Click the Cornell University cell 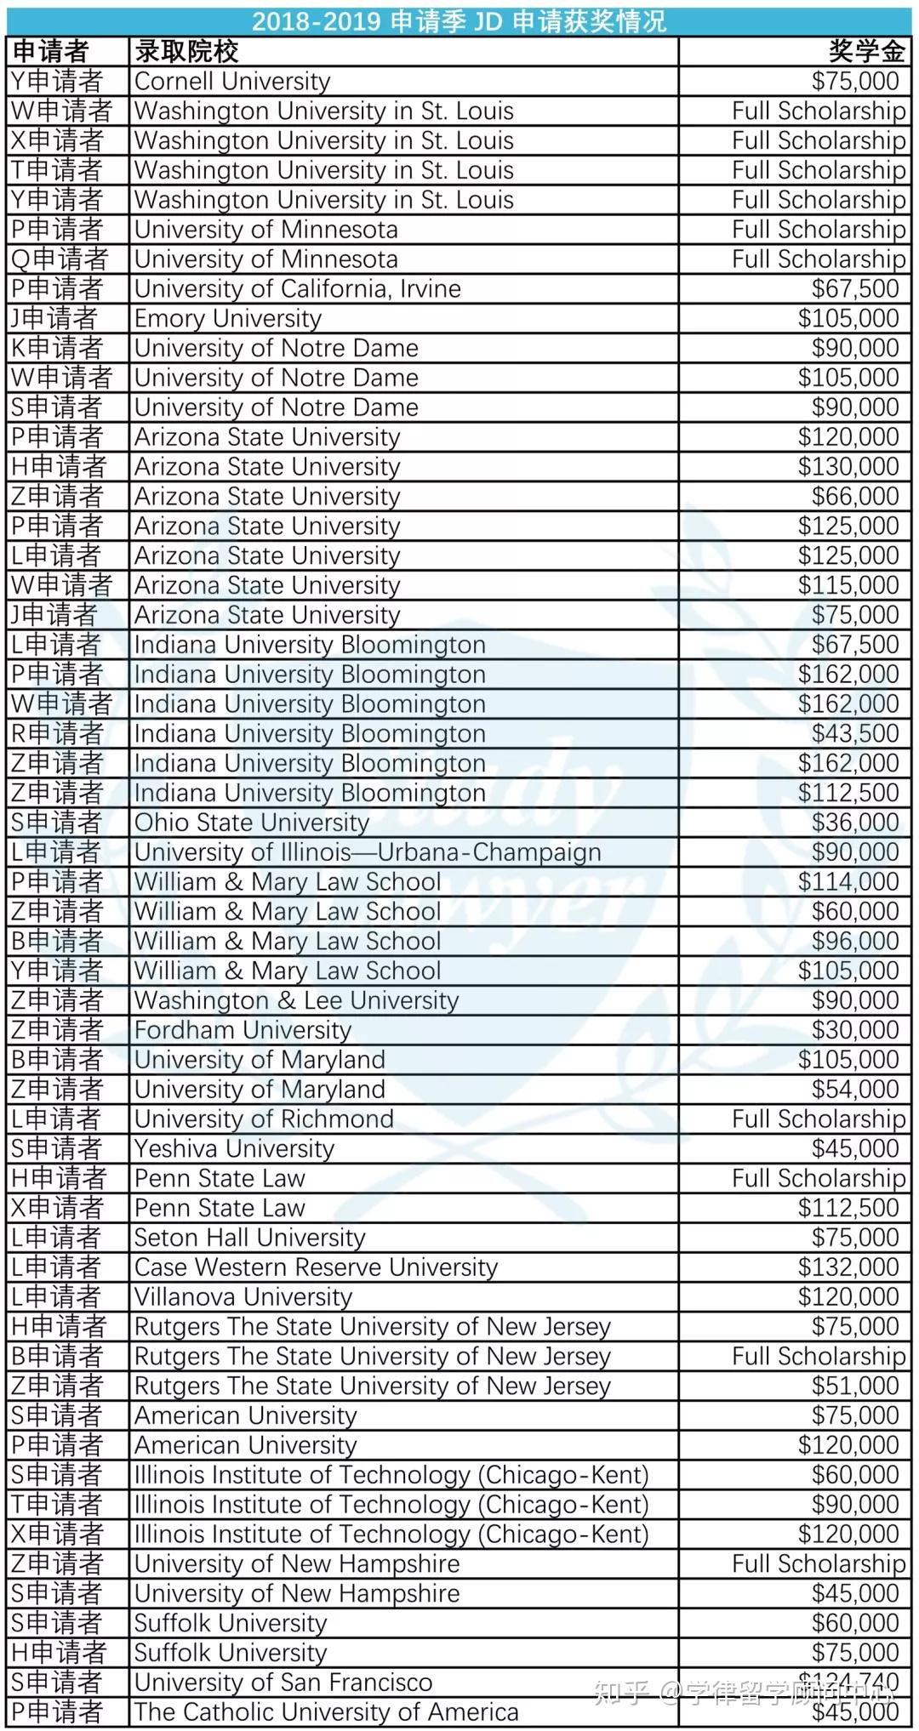(x=232, y=82)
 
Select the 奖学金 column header (x=866, y=52)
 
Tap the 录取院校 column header (x=186, y=52)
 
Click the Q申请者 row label (x=60, y=259)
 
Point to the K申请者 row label (x=57, y=348)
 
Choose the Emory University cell (x=228, y=319)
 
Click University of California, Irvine (x=297, y=289)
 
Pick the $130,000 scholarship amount (x=848, y=467)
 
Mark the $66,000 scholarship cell (x=855, y=497)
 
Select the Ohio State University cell (x=252, y=823)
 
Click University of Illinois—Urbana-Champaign (x=368, y=852)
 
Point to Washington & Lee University (x=296, y=1000)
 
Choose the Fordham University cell (x=243, y=1030)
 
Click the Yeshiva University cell (x=234, y=1149)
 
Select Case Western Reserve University (x=316, y=1267)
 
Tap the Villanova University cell (x=243, y=1297)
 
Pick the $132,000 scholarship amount (x=848, y=1267)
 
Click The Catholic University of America (x=326, y=1712)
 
